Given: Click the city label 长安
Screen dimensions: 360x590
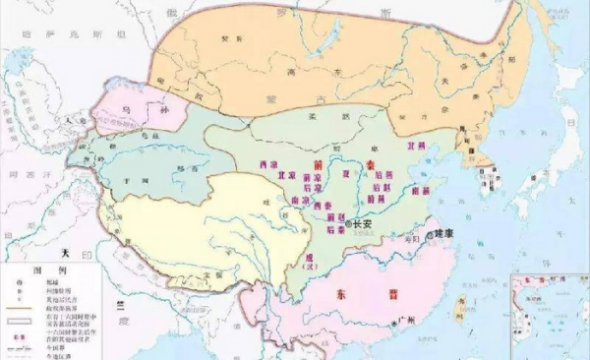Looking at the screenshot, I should tap(362, 224).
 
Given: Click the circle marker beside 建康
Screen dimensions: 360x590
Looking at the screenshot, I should tap(430, 234).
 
